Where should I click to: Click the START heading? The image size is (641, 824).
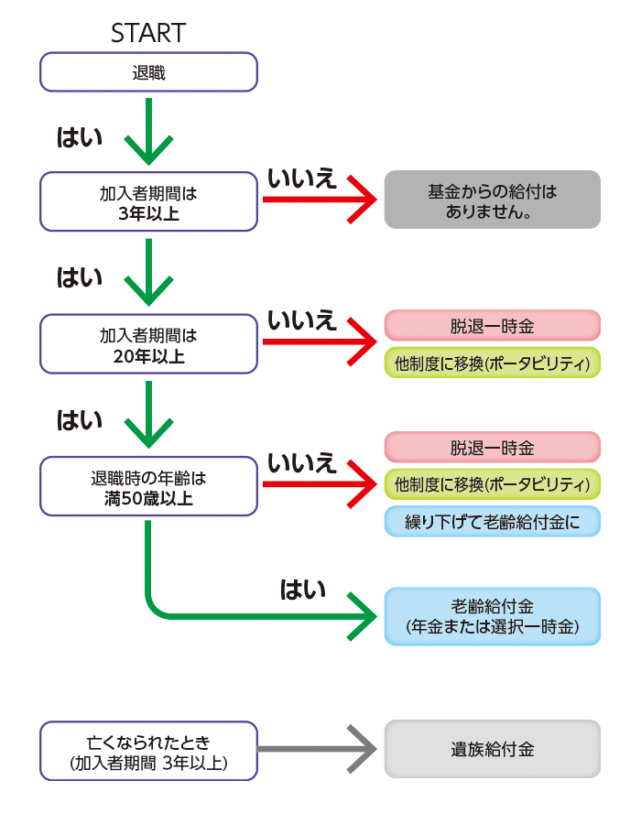pos(148,34)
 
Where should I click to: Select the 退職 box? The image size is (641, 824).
pos(148,71)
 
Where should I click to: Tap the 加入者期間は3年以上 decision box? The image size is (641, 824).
pos(148,202)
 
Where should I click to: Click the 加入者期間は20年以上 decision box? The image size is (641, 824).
pos(148,344)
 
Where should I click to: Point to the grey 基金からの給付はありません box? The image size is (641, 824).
pos(492,200)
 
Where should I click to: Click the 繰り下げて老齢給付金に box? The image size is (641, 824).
pos(492,521)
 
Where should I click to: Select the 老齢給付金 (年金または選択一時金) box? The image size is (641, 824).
pos(492,616)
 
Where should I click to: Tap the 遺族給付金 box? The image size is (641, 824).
pos(492,749)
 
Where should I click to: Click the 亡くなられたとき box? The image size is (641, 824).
pos(148,749)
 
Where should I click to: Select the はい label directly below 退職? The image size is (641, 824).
pos(80,137)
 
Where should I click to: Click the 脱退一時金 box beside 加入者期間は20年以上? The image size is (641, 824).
pos(492,326)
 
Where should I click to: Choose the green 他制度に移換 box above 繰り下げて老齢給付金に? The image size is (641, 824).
pos(492,483)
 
